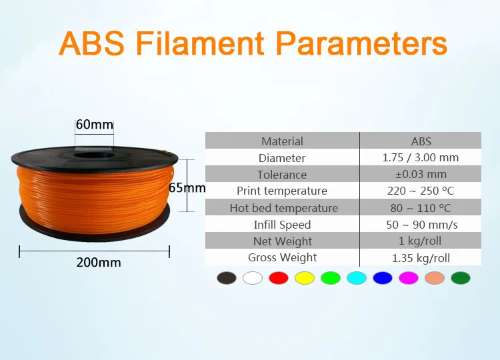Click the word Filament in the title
click(200, 43)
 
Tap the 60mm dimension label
click(95, 125)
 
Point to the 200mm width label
click(99, 263)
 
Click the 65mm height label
click(187, 188)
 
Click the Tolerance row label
click(282, 175)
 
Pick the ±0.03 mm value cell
click(421, 174)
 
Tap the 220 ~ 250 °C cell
click(420, 191)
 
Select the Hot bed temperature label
click(283, 208)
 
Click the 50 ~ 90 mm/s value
click(421, 225)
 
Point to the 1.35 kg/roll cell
click(421, 258)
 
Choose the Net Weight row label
click(283, 241)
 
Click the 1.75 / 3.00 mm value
click(420, 157)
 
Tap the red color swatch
click(279, 278)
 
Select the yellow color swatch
click(305, 278)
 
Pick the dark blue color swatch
click(383, 278)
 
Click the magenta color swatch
click(409, 278)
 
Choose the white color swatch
click(253, 278)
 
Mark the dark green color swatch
click(461, 278)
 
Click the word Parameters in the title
click(363, 43)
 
